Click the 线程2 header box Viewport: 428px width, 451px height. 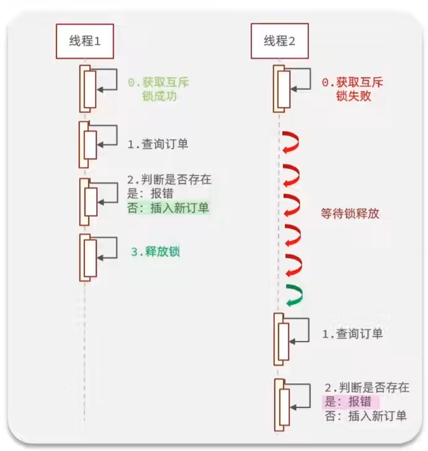point(279,41)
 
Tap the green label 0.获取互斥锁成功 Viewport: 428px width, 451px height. point(158,89)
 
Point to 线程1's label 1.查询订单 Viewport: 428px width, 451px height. point(158,144)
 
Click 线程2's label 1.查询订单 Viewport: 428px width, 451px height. point(352,334)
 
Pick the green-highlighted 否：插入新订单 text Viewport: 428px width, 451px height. point(168,208)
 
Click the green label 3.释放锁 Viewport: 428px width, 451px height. point(156,252)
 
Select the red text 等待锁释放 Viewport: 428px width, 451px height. point(350,213)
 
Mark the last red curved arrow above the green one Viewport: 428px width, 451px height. point(293,265)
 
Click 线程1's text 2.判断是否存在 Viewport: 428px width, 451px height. point(169,180)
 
